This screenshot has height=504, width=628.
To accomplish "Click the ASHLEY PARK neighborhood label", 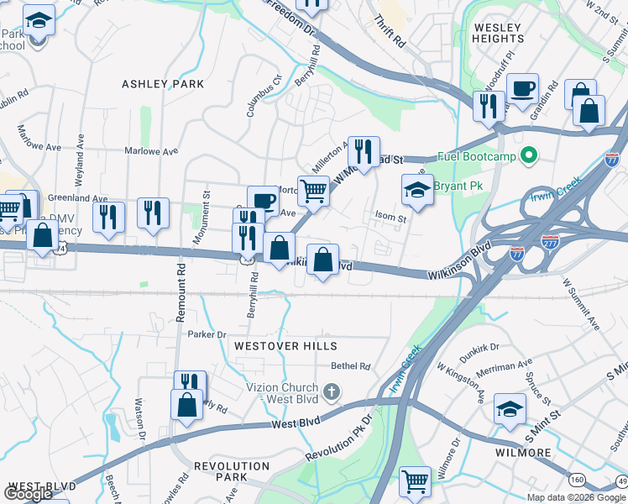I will pos(163,84).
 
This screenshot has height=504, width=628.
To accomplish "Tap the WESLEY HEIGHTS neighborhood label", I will pos(498,33).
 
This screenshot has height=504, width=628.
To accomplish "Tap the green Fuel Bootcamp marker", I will pos(529,155).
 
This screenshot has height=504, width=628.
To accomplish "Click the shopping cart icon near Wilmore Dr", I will pos(415,482).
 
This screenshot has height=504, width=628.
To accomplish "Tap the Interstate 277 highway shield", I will pos(551,241).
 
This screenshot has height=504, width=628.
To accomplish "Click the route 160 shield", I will pos(578,480).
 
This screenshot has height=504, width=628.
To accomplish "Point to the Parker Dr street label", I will pos(207,334).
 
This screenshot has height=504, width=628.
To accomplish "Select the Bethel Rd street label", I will pos(351,366).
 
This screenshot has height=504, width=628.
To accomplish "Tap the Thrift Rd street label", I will pos(390,31).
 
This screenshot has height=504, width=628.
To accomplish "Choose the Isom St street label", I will pos(390,218).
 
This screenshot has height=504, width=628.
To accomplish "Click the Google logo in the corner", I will pos(29,494).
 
